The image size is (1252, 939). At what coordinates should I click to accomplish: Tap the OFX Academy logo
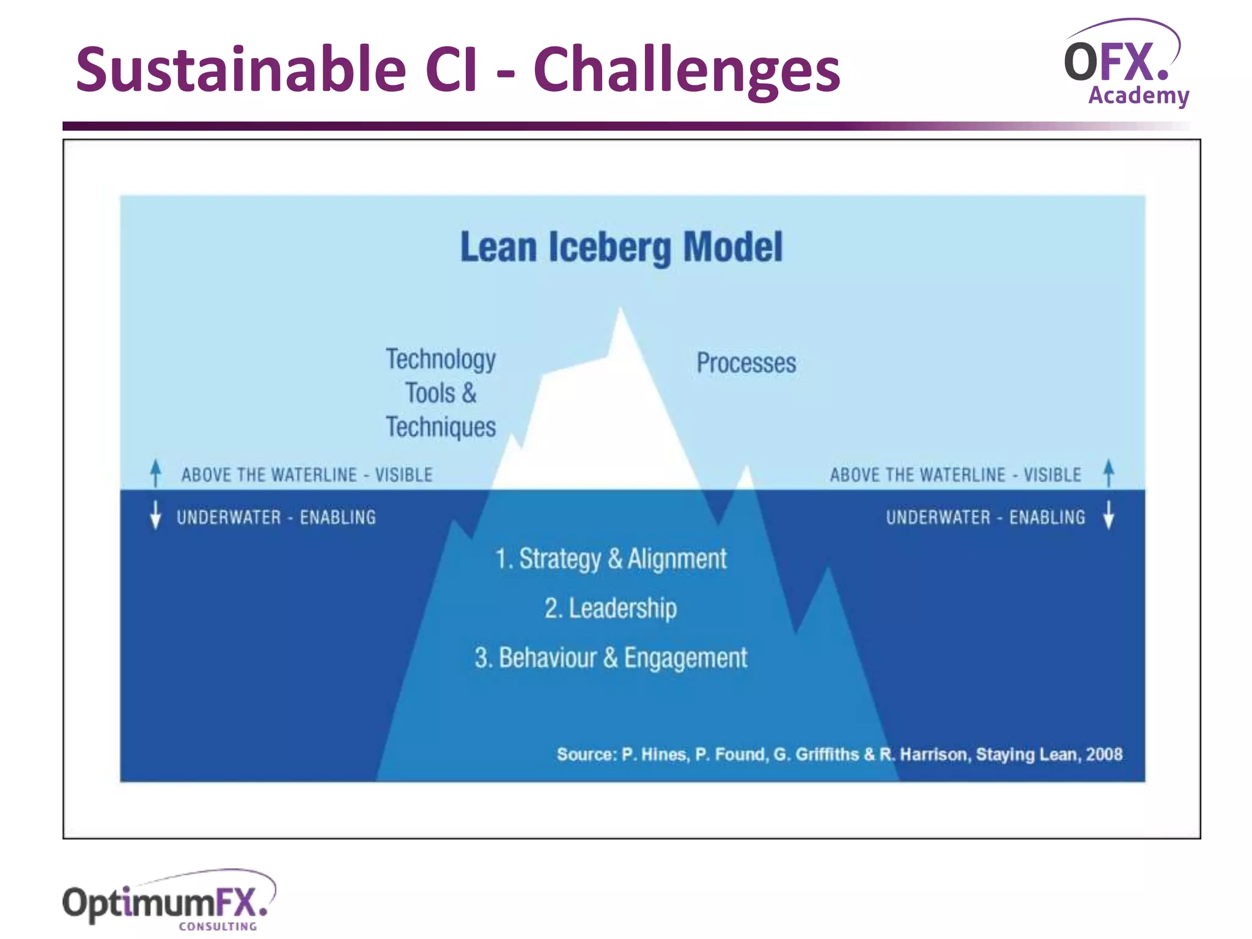pyautogui.click(x=1125, y=64)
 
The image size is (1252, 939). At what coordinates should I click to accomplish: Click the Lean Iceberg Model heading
pyautogui.click(x=621, y=247)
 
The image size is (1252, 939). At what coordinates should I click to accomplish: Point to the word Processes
pyautogui.click(x=746, y=363)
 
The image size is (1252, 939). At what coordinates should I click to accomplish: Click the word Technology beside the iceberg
pyautogui.click(x=440, y=359)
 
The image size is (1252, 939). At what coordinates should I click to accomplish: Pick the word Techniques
pyautogui.click(x=440, y=427)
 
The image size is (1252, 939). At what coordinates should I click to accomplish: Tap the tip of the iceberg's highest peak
pyautogui.click(x=621, y=312)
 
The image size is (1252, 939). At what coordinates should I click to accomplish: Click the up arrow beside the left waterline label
pyautogui.click(x=156, y=473)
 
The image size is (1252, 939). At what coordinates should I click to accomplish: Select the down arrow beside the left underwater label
pyautogui.click(x=156, y=515)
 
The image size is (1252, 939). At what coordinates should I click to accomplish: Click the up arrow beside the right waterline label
pyautogui.click(x=1108, y=473)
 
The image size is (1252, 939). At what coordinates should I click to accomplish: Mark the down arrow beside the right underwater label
pyautogui.click(x=1108, y=515)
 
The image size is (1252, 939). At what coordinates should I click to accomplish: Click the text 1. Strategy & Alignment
pyautogui.click(x=610, y=559)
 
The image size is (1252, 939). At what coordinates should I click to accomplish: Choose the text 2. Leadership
pyautogui.click(x=610, y=608)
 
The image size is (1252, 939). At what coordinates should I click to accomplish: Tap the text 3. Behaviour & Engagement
pyautogui.click(x=610, y=658)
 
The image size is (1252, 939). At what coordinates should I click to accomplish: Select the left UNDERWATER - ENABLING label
pyautogui.click(x=276, y=517)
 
